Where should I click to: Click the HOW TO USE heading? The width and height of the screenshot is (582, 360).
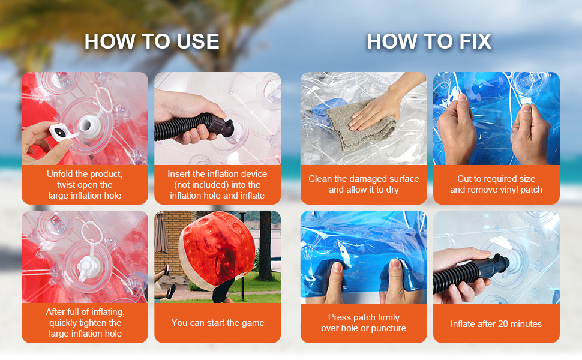[x=152, y=41]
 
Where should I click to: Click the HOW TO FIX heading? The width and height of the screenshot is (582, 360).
[x=429, y=41]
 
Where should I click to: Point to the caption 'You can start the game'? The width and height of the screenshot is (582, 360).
[x=218, y=323]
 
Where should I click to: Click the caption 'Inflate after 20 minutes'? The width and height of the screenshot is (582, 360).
[x=496, y=324]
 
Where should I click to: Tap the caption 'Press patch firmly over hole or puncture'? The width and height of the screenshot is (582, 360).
[x=364, y=323]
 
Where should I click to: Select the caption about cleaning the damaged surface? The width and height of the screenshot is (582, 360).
[x=364, y=184]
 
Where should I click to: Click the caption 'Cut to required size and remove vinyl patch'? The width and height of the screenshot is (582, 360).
[x=496, y=184]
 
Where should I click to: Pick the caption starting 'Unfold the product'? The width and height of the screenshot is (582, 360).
[x=85, y=185]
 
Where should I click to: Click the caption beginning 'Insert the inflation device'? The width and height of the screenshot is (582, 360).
[x=218, y=185]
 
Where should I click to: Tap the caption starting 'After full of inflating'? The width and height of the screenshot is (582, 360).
[x=85, y=323]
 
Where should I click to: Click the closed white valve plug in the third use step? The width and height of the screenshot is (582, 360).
[x=88, y=268]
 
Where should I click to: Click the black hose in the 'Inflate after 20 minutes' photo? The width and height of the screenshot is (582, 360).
[x=470, y=274]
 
